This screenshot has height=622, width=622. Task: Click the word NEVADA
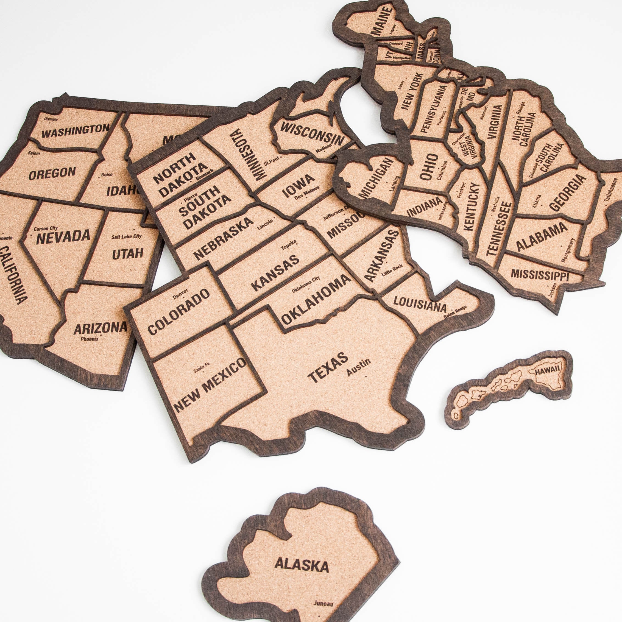[x=63, y=237]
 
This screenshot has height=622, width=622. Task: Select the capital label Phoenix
[x=90, y=339]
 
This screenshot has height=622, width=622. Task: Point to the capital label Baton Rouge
[x=455, y=312]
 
